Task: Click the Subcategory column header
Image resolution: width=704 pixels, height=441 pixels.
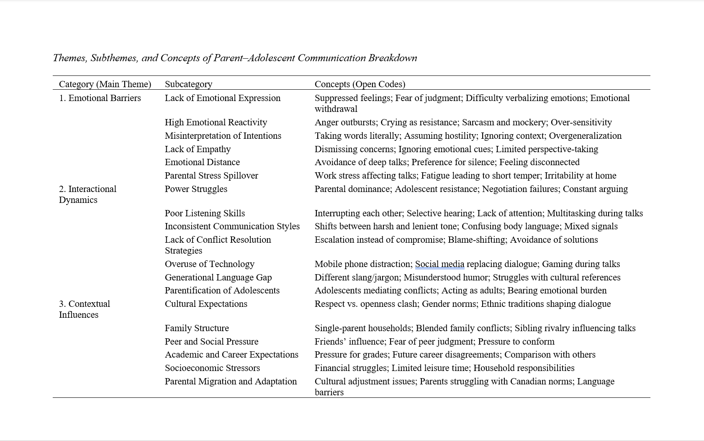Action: (188, 84)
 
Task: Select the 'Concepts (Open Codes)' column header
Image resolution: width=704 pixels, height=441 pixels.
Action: (360, 84)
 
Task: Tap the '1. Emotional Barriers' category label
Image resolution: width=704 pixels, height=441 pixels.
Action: (100, 98)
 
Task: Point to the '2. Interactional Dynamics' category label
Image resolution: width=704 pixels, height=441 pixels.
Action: (87, 194)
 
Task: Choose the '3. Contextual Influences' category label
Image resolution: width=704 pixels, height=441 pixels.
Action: (84, 309)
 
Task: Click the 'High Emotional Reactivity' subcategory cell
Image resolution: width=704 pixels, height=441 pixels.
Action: (216, 122)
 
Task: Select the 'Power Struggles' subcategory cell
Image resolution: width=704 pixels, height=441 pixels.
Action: (196, 189)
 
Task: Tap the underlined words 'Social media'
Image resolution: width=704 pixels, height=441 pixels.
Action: (439, 264)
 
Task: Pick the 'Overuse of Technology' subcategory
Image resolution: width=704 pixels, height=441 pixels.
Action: (209, 264)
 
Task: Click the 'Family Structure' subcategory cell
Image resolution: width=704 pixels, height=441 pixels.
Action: (197, 328)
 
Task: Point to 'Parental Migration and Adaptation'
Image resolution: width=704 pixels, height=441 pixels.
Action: (231, 381)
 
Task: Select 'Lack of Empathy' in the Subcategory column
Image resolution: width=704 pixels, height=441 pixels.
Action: (198, 149)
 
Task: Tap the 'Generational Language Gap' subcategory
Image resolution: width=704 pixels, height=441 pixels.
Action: (218, 278)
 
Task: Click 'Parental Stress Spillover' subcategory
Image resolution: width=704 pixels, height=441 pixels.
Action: (211, 176)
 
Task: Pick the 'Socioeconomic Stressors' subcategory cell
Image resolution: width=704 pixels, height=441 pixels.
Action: (212, 368)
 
